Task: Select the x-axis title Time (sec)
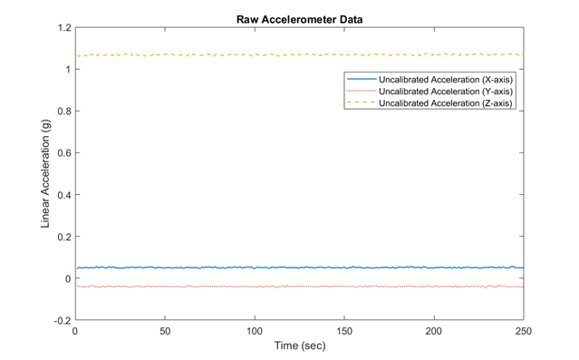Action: click(x=299, y=345)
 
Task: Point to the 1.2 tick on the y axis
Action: click(x=63, y=27)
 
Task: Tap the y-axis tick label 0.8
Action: click(x=63, y=112)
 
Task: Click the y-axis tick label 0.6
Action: click(x=63, y=153)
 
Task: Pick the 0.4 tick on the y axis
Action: click(x=63, y=195)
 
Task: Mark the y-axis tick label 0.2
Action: click(x=63, y=237)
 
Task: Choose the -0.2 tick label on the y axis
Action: click(x=61, y=320)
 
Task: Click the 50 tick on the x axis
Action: click(x=165, y=332)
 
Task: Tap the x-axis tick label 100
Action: click(x=255, y=332)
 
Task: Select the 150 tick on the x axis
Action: click(x=344, y=332)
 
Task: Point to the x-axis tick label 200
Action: click(x=434, y=332)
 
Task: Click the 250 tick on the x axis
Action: click(x=523, y=332)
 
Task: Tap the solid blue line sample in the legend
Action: click(x=359, y=79)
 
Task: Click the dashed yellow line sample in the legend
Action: click(x=359, y=103)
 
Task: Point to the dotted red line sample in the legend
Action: click(x=359, y=91)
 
